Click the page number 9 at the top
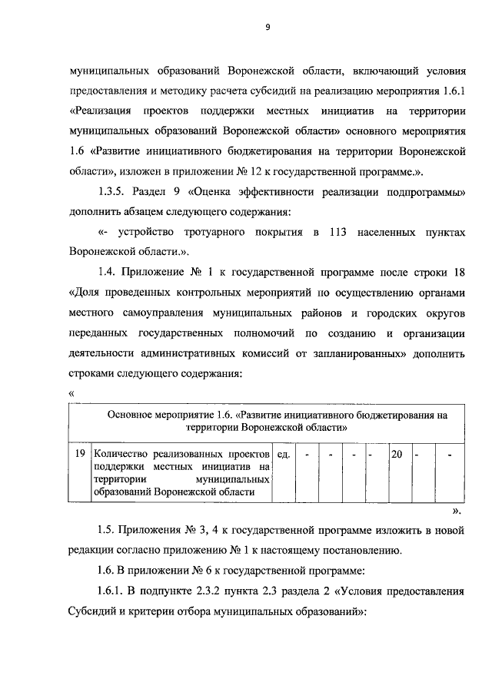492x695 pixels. click(x=268, y=28)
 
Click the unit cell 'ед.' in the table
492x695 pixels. click(x=282, y=455)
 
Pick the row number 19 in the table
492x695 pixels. click(x=79, y=455)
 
